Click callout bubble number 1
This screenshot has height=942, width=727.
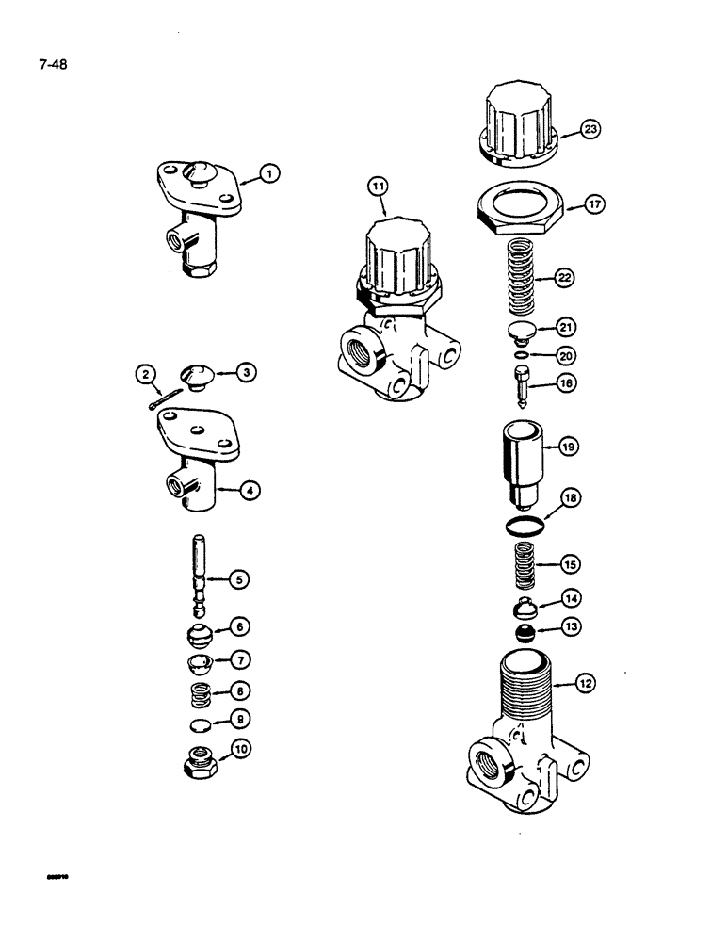(x=268, y=172)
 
